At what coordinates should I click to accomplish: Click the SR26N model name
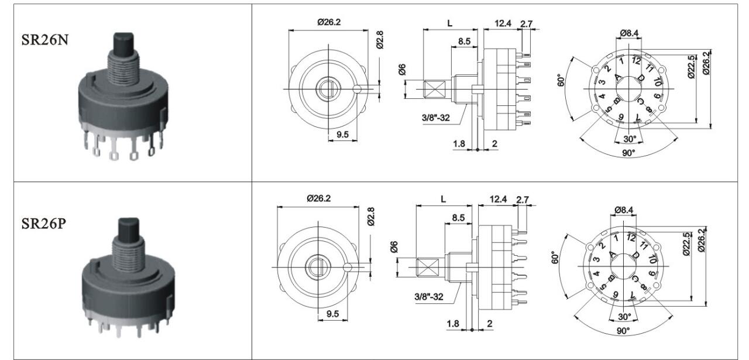click(45, 40)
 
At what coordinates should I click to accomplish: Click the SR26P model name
click(43, 224)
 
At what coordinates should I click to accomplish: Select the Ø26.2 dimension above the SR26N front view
click(329, 22)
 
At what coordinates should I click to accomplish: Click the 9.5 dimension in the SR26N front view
click(342, 135)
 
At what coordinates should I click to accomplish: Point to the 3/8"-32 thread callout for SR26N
click(436, 118)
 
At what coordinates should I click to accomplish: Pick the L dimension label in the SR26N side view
click(450, 23)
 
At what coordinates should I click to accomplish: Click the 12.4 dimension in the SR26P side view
click(498, 200)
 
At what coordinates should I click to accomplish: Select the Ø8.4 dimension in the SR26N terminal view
click(629, 33)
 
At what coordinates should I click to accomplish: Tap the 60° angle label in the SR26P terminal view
click(555, 258)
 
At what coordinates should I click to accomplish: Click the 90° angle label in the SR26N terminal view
click(628, 153)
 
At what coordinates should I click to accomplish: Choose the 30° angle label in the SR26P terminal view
click(624, 317)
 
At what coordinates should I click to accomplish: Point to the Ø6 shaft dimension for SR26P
click(394, 246)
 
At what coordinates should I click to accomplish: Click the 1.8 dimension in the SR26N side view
click(459, 143)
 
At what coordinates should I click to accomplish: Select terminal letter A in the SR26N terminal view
click(618, 78)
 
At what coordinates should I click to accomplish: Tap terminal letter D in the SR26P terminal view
click(635, 255)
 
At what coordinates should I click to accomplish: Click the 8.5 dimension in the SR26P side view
click(458, 218)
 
